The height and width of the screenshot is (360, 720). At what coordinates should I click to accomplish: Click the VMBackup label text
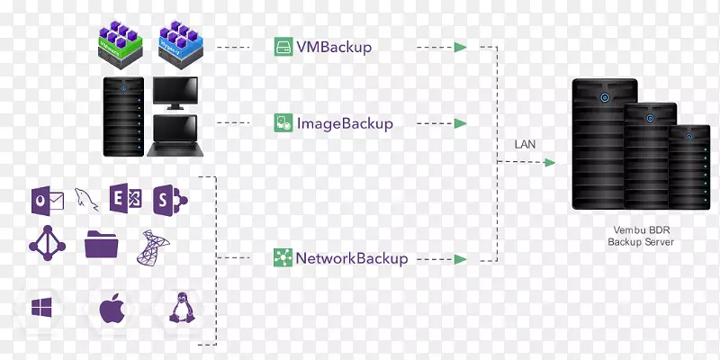coord(332,47)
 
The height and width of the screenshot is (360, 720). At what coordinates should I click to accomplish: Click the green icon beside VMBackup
coord(283,47)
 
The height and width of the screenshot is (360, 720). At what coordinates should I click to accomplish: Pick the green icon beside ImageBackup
coord(283,123)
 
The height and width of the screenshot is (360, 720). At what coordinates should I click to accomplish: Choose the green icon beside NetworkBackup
coord(283,258)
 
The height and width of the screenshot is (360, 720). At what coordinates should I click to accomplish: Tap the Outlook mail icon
coord(45,200)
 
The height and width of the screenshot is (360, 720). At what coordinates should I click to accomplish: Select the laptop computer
coord(181,136)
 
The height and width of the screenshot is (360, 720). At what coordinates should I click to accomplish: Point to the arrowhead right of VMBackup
coord(461,47)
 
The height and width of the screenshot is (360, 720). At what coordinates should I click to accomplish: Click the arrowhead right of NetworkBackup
coord(461,259)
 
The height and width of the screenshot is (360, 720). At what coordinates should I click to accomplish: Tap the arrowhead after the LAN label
coord(549,163)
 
